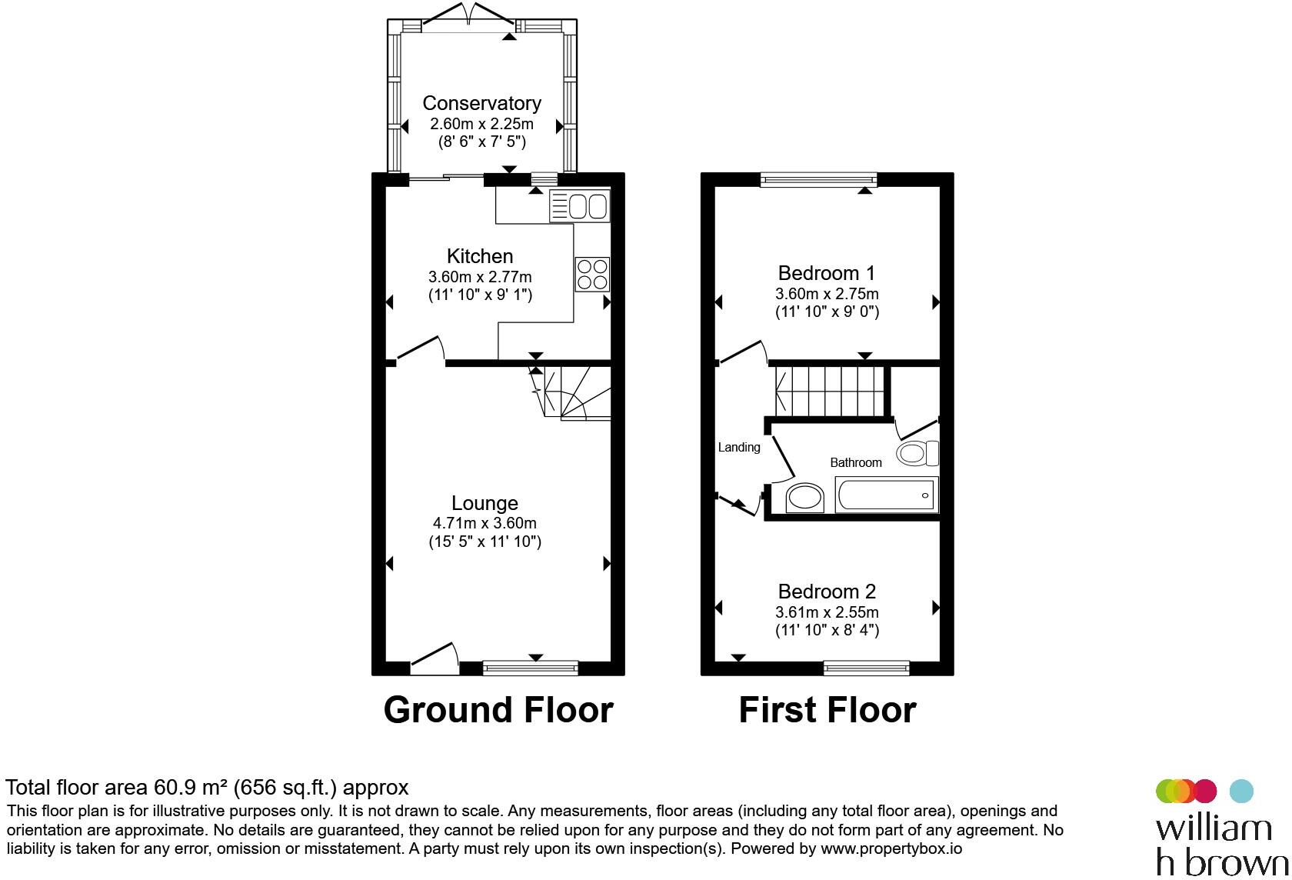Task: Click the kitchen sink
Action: tap(580, 206)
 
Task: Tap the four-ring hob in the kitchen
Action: tap(592, 274)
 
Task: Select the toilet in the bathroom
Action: tap(917, 453)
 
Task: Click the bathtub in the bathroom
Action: tap(887, 495)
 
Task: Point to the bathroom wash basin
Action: tap(804, 498)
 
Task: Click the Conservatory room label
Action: tap(481, 103)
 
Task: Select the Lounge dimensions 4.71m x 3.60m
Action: tap(484, 523)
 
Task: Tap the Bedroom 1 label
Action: tap(827, 272)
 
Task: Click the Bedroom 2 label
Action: tap(827, 591)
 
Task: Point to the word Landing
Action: tap(739, 447)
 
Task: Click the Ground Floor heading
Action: tap(498, 709)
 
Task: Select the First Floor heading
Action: tap(827, 709)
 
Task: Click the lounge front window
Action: tap(530, 668)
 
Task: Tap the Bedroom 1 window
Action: tap(818, 179)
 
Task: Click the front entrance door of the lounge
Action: tap(435, 658)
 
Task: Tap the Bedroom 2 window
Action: tap(866, 668)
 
